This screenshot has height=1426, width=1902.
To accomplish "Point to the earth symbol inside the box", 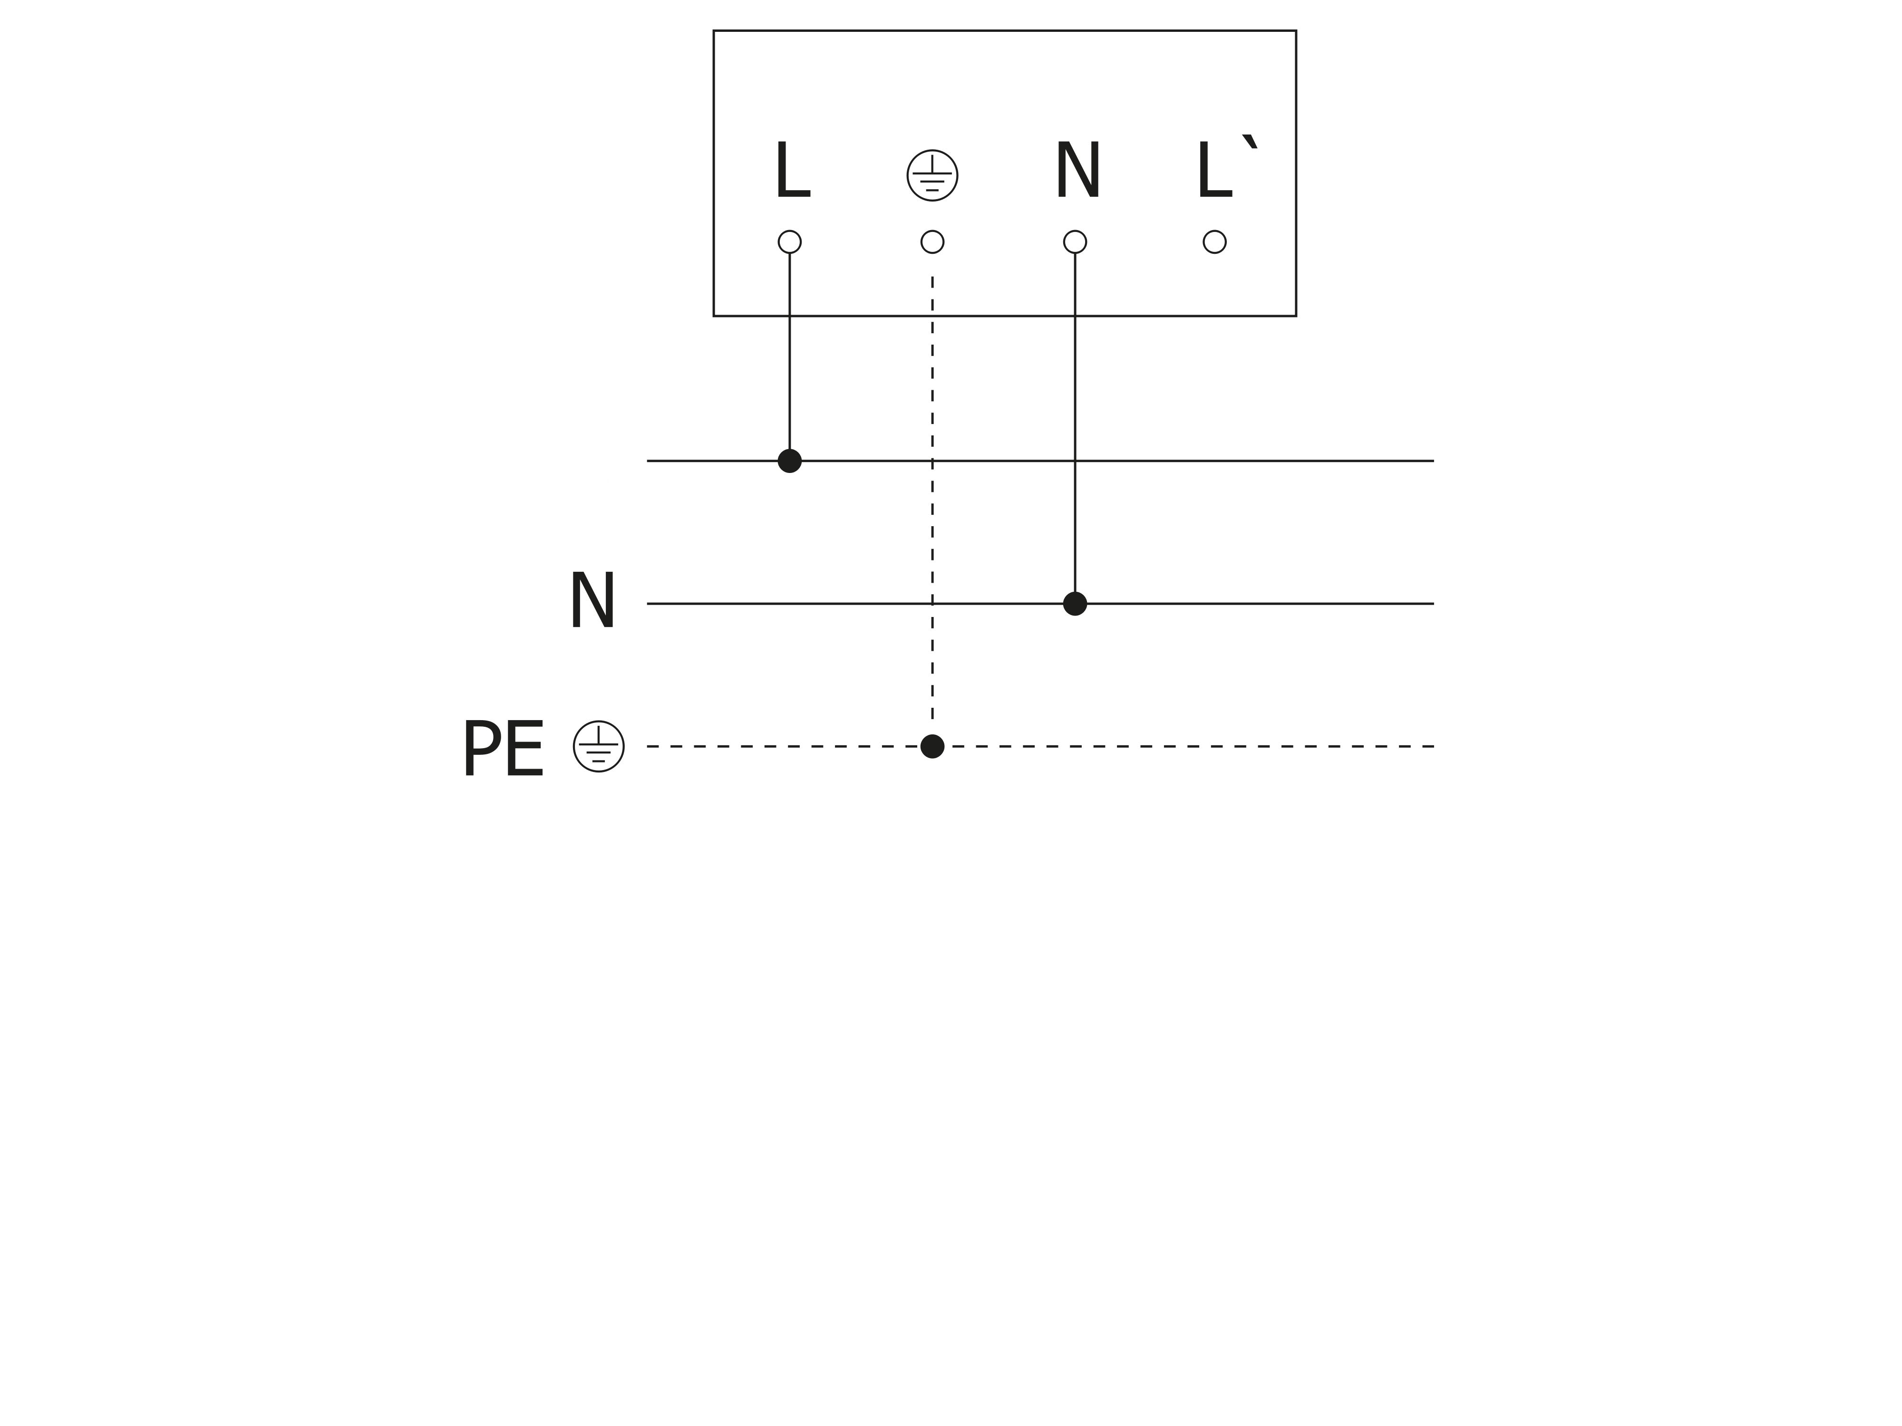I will click(932, 175).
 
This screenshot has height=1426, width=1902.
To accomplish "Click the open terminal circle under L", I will click(789, 242).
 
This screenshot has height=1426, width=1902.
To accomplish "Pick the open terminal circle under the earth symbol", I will click(932, 242).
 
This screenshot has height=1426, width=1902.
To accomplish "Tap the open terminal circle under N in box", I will click(1075, 242).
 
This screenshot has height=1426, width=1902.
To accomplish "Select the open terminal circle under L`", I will click(1214, 242).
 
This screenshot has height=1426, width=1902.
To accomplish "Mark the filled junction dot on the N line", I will click(1075, 603).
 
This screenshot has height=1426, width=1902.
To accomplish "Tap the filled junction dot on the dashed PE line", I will click(932, 746).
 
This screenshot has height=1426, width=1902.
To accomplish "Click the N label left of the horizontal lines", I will click(592, 602).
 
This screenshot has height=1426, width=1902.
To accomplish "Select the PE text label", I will click(503, 750).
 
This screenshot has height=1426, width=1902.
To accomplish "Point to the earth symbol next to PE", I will click(599, 746).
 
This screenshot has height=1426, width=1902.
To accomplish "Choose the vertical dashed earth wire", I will click(932, 533).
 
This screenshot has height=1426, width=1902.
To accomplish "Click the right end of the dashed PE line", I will click(1431, 746).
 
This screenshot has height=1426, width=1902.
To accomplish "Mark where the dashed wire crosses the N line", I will click(932, 603).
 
